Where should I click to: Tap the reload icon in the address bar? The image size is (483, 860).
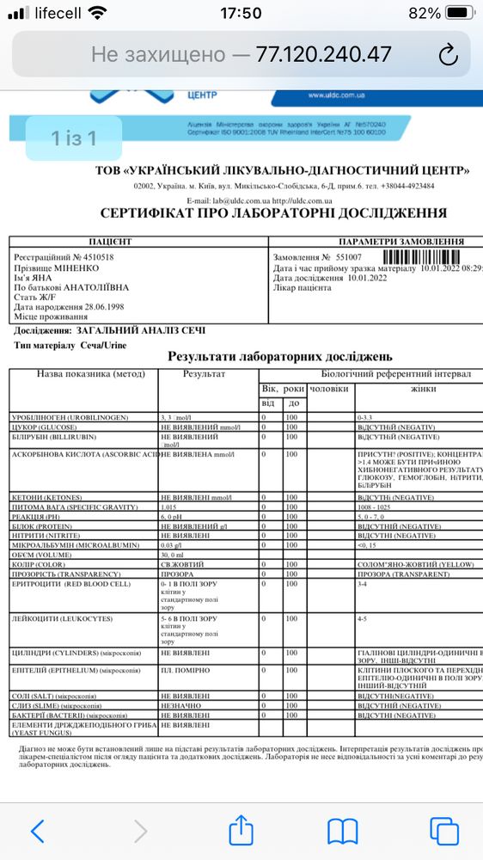tap(448, 55)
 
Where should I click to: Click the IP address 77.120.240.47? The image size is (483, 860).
tap(323, 55)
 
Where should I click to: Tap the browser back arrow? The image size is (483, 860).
tap(37, 831)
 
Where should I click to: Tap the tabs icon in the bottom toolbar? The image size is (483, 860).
tap(444, 831)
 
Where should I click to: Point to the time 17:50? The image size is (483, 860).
tap(241, 14)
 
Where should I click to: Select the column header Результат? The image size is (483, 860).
tap(205, 375)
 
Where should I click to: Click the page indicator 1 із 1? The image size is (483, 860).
tap(74, 138)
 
